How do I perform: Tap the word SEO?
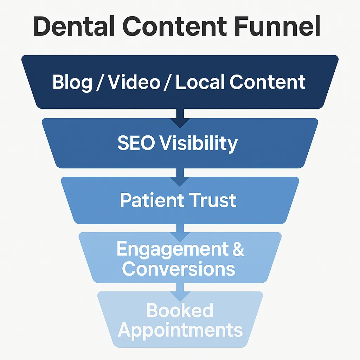[136, 143]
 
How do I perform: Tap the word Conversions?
[179, 269]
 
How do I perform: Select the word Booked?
[180, 311]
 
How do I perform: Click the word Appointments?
[180, 330]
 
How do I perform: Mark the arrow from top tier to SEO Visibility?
[180, 118]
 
